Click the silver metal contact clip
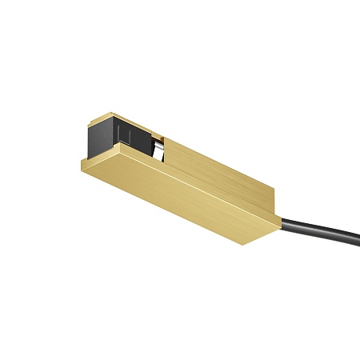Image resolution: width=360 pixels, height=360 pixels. (x=161, y=150)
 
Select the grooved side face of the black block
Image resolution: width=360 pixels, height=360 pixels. (x=133, y=135)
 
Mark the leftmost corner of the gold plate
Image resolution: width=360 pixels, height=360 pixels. (x=81, y=158)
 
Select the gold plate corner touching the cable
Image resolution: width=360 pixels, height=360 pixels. (x=279, y=229)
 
